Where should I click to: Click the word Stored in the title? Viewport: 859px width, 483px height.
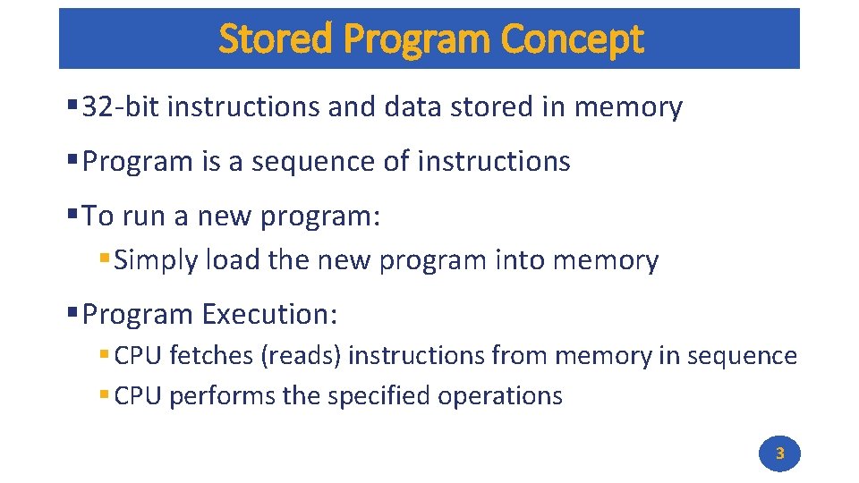tap(276, 39)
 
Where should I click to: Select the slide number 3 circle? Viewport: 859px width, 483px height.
tap(779, 453)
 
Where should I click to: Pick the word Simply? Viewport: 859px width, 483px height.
tap(157, 261)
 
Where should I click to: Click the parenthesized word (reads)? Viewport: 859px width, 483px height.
tap(302, 356)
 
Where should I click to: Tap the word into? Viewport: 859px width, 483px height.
tap(518, 261)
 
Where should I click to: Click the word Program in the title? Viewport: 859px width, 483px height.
tap(417, 39)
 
